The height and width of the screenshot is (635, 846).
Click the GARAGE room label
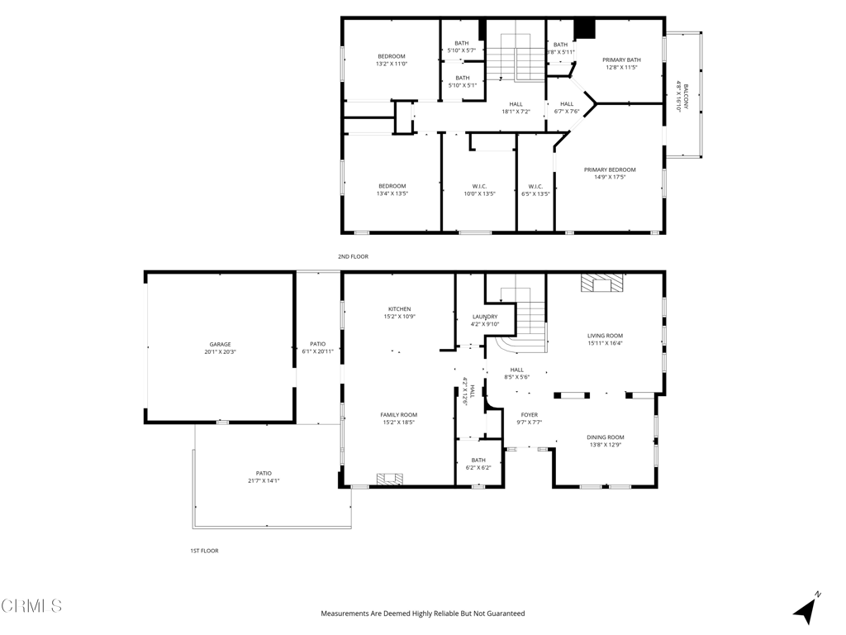pyautogui.click(x=220, y=344)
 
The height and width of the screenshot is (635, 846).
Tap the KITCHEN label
pyautogui.click(x=400, y=309)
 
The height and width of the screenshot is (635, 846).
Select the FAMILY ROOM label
pyautogui.click(x=399, y=415)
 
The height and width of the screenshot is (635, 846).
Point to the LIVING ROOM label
pyautogui.click(x=606, y=336)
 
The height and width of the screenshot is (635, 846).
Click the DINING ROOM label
pyautogui.click(x=606, y=437)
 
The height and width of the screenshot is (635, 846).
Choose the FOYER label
pyautogui.click(x=530, y=415)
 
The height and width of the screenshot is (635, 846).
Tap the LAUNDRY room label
pyautogui.click(x=485, y=317)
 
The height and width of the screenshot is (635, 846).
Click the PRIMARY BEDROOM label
pyautogui.click(x=610, y=169)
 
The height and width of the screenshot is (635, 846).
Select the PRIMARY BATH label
pyautogui.click(x=621, y=60)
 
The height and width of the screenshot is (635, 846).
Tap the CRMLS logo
pyautogui.click(x=31, y=606)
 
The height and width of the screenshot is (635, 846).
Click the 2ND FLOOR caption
pyautogui.click(x=354, y=256)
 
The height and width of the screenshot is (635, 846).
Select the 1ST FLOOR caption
pyautogui.click(x=205, y=551)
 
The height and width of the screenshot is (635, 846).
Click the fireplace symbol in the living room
pyautogui.click(x=601, y=284)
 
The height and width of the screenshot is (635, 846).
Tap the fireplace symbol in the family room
pyautogui.click(x=390, y=479)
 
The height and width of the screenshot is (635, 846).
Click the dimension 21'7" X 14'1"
pyautogui.click(x=264, y=480)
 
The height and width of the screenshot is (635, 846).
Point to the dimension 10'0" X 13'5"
pyautogui.click(x=480, y=193)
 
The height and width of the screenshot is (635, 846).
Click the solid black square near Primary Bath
pyautogui.click(x=584, y=29)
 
